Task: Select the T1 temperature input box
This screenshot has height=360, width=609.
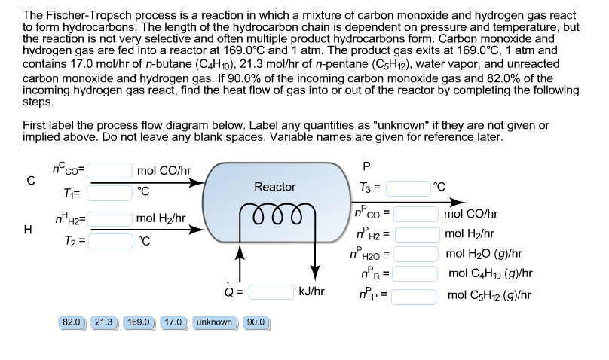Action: [x=112, y=192]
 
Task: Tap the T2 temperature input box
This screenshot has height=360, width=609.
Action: [x=112, y=241]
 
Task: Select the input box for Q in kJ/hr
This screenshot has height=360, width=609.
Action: [x=271, y=290]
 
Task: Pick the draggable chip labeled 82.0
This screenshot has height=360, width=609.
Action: [x=72, y=322]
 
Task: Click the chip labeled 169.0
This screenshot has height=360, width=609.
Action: [x=139, y=322]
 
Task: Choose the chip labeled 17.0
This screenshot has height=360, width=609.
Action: [x=174, y=322]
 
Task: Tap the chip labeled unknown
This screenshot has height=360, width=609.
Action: [x=214, y=322]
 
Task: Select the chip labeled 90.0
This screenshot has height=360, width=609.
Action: [x=256, y=322]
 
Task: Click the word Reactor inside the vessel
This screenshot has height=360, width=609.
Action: [x=275, y=187]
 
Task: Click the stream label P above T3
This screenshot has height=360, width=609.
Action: [x=387, y=166]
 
